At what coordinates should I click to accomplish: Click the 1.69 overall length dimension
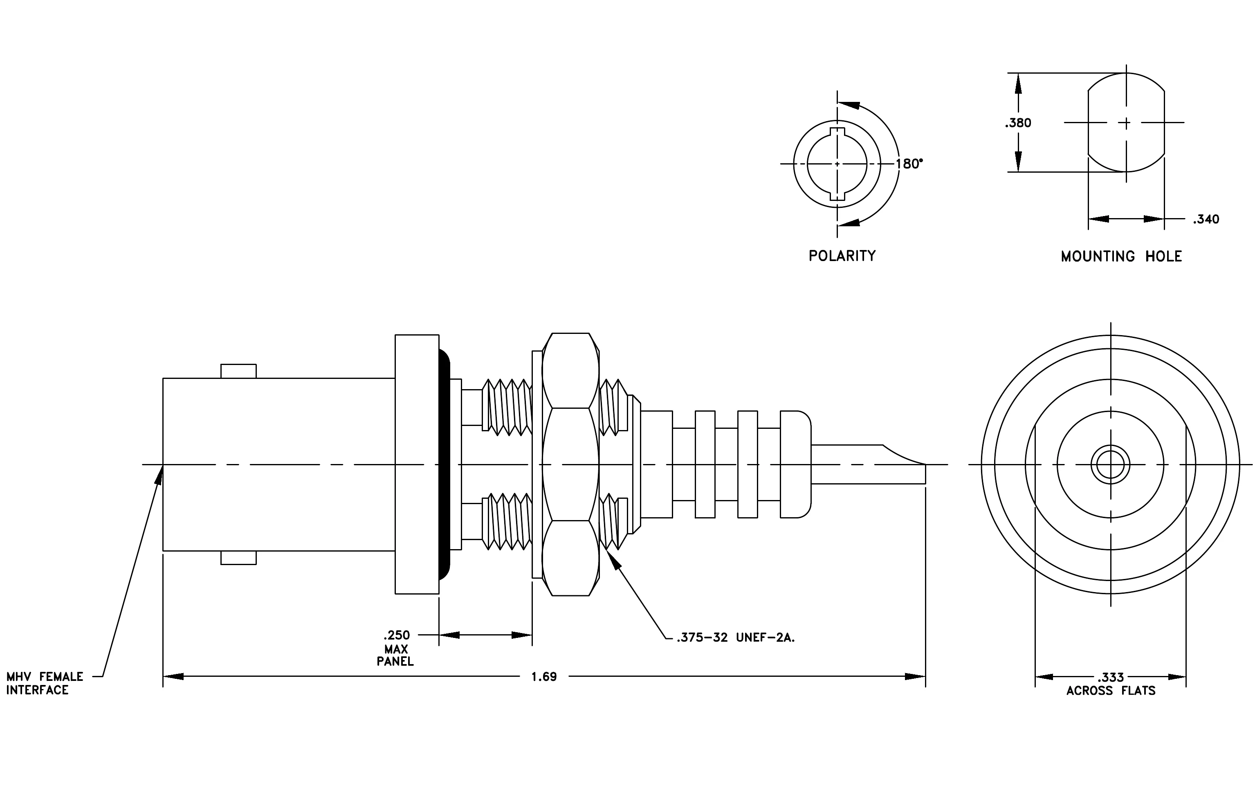point(543,677)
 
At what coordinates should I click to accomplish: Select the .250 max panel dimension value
point(397,635)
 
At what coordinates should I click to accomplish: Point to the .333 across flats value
point(1111,677)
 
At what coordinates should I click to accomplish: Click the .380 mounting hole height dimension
point(1018,123)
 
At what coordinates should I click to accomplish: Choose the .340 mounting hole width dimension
point(1206,219)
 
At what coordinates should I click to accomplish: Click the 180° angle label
point(909,164)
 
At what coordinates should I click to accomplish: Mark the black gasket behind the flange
point(444,464)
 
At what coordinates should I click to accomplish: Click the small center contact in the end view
point(1111,464)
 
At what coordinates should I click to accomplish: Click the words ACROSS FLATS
point(1111,691)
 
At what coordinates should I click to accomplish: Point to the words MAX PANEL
point(395,656)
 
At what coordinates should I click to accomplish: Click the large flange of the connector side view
point(417,464)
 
